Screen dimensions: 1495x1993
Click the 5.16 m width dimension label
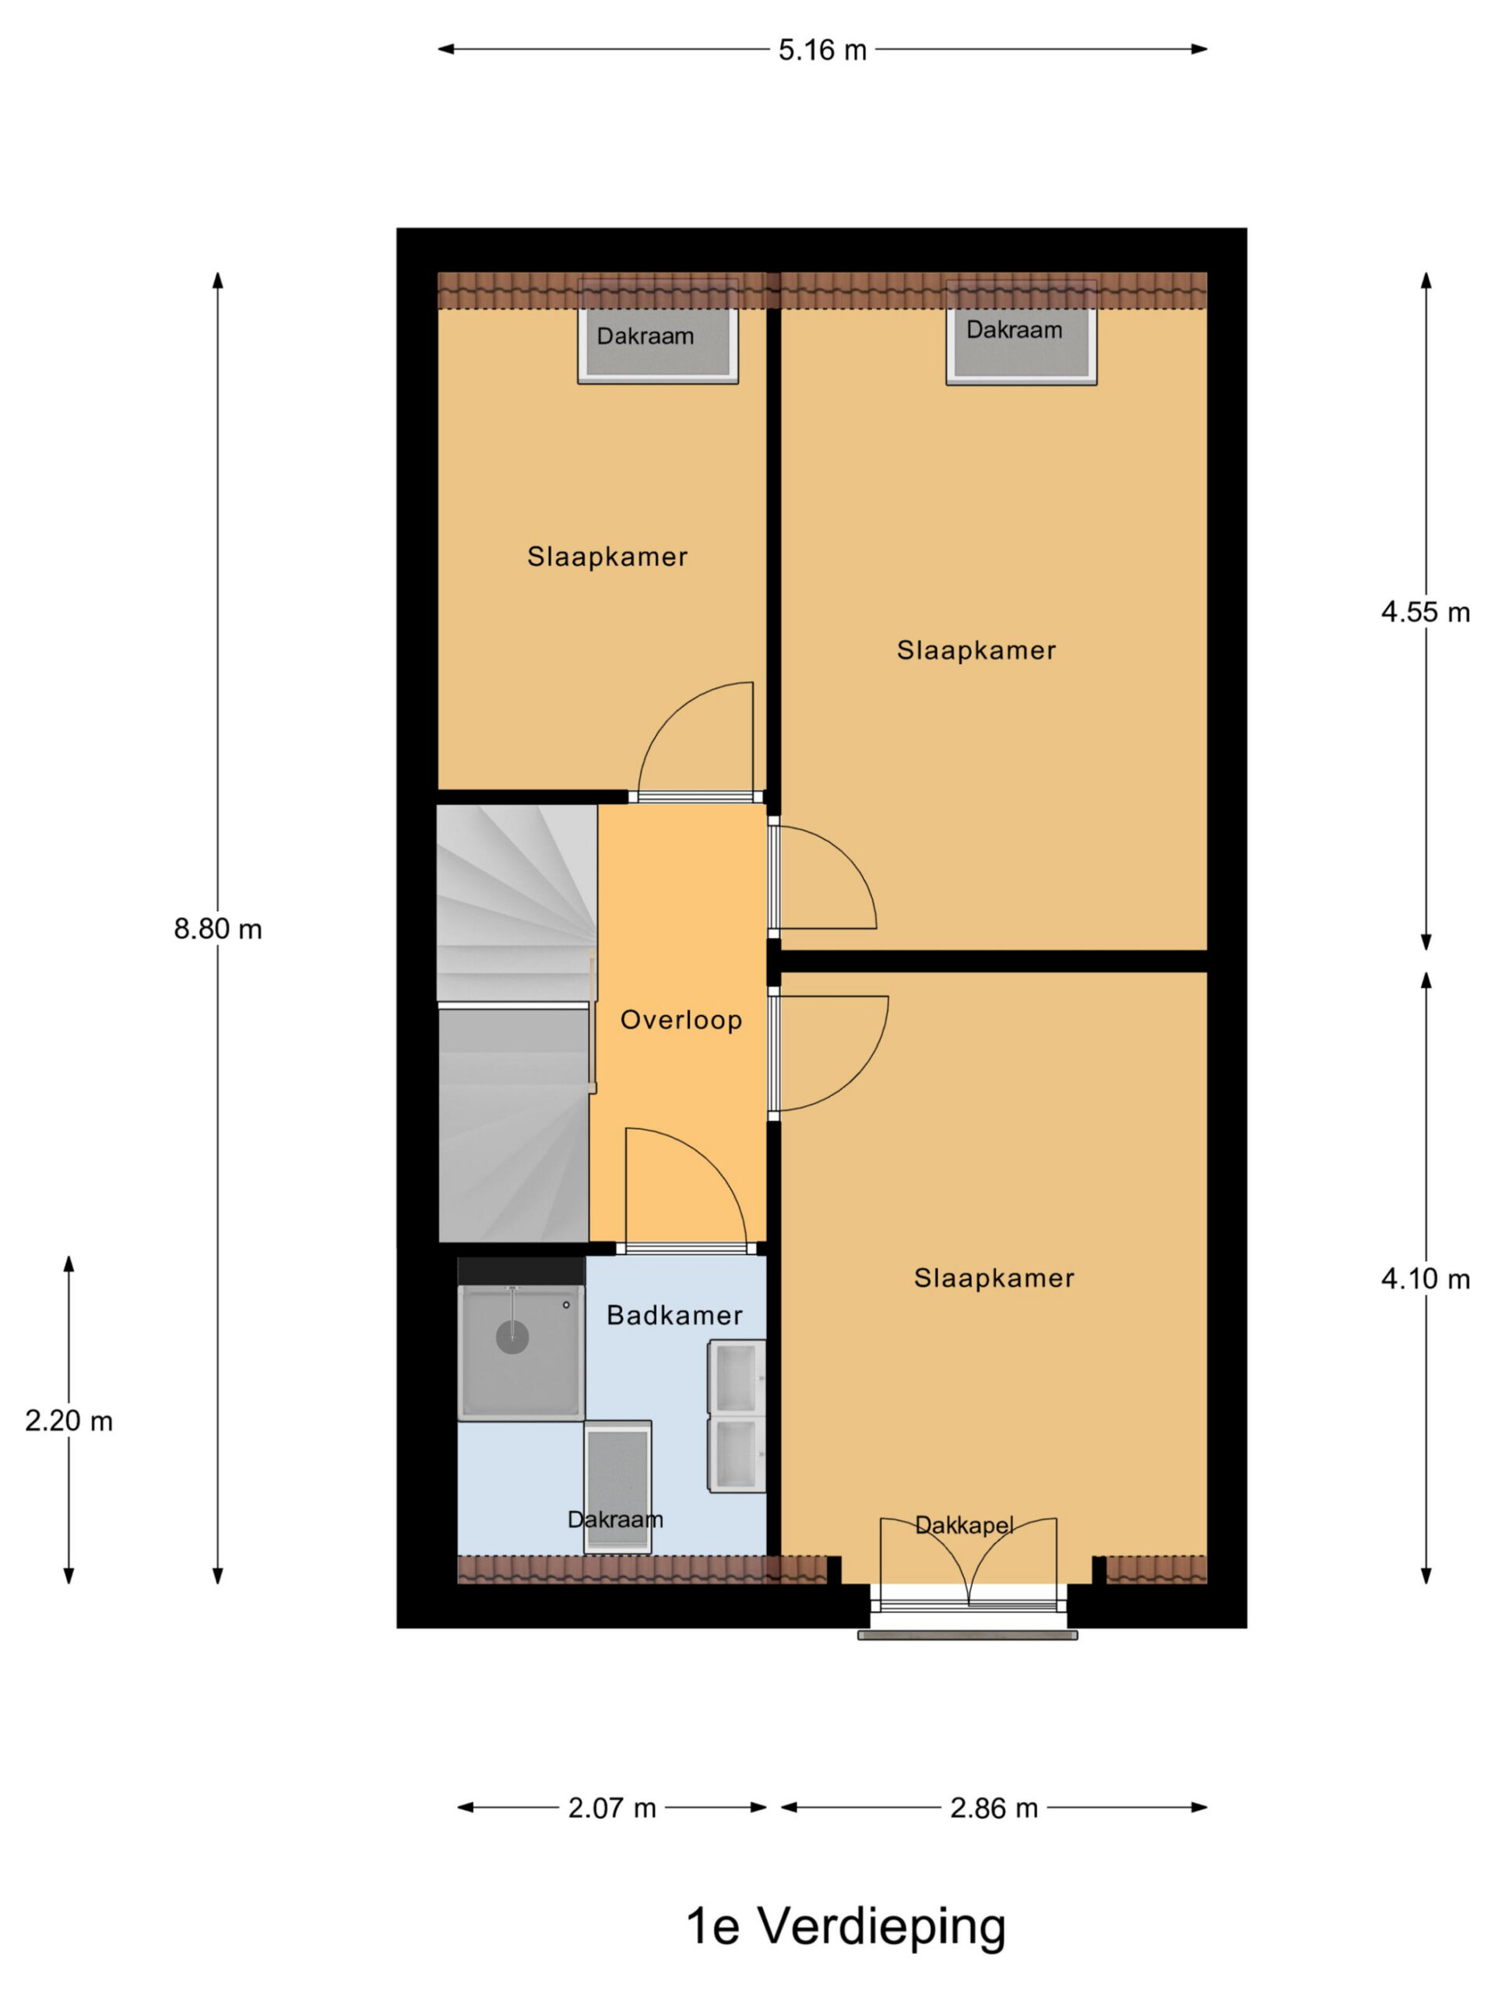821,51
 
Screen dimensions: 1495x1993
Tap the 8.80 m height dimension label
218,929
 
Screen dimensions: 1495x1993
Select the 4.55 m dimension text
1426,613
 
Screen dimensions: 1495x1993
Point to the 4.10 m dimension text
1426,1279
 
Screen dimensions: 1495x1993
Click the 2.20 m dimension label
69,1421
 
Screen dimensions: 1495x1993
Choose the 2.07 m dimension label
612,1808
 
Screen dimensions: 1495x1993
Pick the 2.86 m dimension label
994,1808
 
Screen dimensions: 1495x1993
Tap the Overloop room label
681,1020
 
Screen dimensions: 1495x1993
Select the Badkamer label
675,1316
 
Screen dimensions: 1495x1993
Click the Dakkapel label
964,1525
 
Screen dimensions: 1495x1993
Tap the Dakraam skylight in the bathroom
617,1488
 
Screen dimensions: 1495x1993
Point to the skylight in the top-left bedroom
658,346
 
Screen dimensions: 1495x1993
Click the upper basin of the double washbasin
737,1378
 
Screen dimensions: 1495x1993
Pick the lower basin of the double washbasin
737,1454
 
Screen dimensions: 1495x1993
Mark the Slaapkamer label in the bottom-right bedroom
994,1278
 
